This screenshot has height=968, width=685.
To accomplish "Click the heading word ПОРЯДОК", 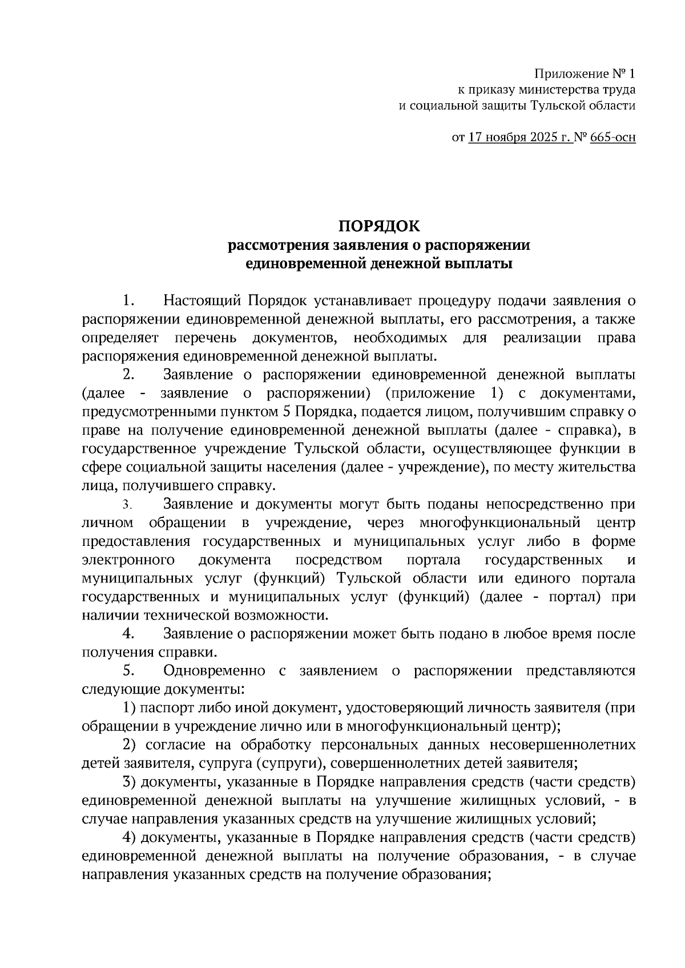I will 379,226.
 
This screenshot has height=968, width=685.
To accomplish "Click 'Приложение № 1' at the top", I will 584,74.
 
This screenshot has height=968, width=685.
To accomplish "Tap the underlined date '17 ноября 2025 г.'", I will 521,137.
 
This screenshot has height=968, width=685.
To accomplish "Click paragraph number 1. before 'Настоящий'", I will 128,300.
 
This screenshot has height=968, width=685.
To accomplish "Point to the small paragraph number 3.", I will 127,505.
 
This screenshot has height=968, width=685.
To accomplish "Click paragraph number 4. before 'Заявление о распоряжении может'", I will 128,634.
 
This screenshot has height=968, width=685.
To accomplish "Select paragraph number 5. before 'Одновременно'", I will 128,671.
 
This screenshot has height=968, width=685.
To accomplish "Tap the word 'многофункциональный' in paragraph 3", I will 499,523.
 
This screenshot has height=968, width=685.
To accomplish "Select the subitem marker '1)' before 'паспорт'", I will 130,708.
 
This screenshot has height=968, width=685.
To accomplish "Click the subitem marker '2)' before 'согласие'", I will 130,745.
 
